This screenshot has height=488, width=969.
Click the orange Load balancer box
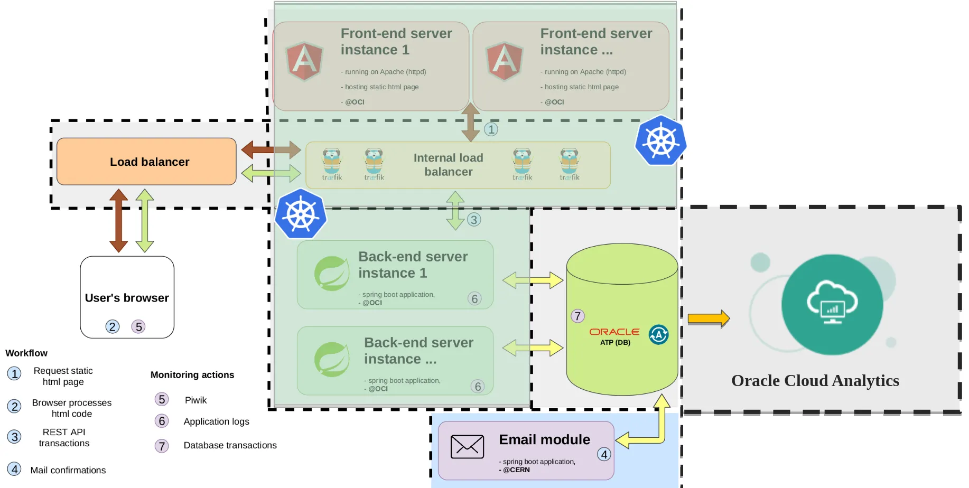pyautogui.click(x=146, y=162)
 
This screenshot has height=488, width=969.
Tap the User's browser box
pyautogui.click(x=127, y=297)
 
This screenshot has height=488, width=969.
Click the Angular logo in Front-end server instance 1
pyautogui.click(x=304, y=61)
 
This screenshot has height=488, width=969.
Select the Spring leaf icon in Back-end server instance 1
pyautogui.click(x=332, y=273)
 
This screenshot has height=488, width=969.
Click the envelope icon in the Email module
pyautogui.click(x=467, y=447)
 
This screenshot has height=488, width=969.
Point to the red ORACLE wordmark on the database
pyautogui.click(x=614, y=332)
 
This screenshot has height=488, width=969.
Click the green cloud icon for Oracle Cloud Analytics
pyautogui.click(x=832, y=304)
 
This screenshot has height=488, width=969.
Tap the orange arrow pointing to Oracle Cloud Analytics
pyautogui.click(x=709, y=318)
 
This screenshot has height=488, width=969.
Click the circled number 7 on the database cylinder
pyautogui.click(x=577, y=316)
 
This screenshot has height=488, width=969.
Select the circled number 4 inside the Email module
pyautogui.click(x=604, y=454)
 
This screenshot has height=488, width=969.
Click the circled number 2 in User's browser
pyautogui.click(x=112, y=326)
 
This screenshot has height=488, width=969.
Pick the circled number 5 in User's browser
pyautogui.click(x=138, y=326)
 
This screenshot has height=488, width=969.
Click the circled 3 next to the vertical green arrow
pyautogui.click(x=474, y=220)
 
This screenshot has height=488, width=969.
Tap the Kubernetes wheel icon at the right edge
pyautogui.click(x=660, y=140)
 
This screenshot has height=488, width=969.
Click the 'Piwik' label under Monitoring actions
pyautogui.click(x=195, y=400)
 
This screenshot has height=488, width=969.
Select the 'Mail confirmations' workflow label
pyautogui.click(x=68, y=470)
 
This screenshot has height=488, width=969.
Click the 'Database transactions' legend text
pyautogui.click(x=230, y=445)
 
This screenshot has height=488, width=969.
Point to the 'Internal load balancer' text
pyautogui.click(x=449, y=165)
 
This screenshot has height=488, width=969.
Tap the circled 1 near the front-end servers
pyautogui.click(x=491, y=129)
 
